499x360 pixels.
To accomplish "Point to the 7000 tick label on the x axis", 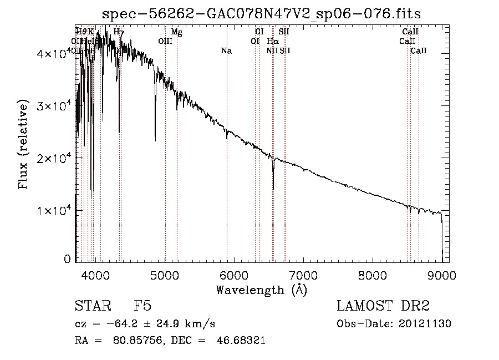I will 303,276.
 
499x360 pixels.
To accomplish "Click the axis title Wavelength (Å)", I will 261,290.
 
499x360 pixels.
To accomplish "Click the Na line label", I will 226,51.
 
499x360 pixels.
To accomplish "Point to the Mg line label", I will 176,32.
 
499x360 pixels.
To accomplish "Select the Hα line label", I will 273,41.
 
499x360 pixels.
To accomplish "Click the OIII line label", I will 165,41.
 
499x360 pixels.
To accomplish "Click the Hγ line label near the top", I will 119,32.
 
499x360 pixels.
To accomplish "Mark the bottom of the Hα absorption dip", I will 273,189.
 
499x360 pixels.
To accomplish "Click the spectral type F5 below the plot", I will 142,307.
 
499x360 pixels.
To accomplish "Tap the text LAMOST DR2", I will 383,307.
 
